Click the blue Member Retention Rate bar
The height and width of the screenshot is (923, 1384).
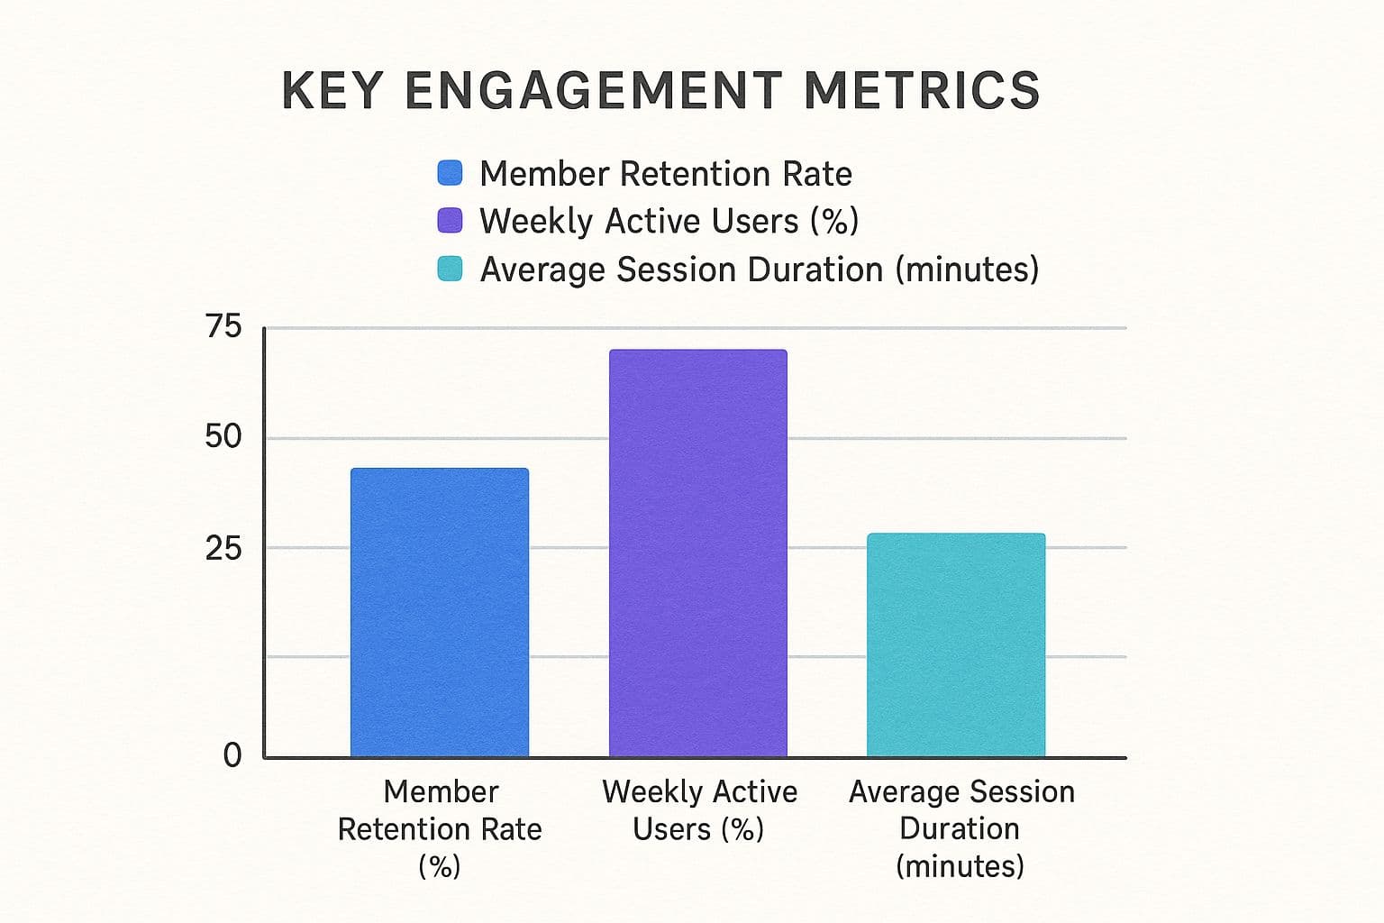coord(439,612)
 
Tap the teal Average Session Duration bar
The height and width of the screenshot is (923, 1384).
coord(956,644)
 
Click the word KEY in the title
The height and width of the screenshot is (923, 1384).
coord(332,90)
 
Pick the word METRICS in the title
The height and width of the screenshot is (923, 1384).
coord(922,90)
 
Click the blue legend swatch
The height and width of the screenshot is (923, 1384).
coord(450,173)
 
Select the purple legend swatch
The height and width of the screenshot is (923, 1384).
coord(450,221)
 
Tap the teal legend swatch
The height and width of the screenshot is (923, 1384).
coord(450,269)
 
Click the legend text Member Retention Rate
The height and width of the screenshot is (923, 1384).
coord(665,174)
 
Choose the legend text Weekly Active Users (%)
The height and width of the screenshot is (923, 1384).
coord(669,222)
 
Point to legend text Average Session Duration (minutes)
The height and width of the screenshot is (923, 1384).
coord(759,270)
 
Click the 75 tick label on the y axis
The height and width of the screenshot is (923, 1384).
coord(223,326)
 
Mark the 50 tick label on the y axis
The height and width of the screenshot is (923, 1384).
coord(223,437)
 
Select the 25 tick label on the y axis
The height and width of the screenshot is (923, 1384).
coord(223,547)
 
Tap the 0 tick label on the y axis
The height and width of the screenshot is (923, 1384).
coord(232,755)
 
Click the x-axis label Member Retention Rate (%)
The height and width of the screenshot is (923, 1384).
coord(440,828)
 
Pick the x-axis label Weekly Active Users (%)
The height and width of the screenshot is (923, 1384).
coord(699,809)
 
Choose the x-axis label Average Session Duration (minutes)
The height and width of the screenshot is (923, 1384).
coord(961,828)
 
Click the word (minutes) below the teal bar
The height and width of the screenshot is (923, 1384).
coord(961,866)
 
